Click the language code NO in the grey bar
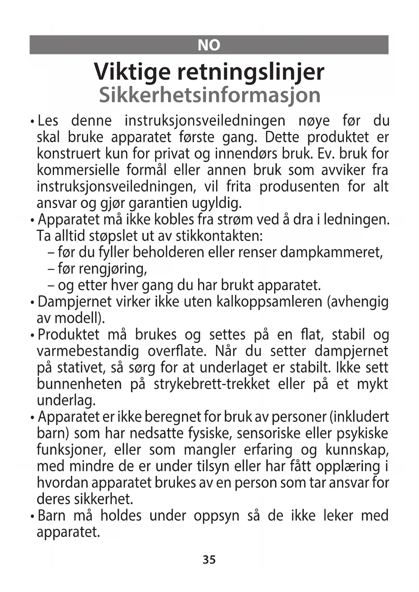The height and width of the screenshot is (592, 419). tap(209, 45)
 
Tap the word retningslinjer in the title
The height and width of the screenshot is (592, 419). tap(251, 72)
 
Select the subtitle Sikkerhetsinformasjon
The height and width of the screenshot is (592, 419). tap(209, 95)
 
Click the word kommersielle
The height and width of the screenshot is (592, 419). tap(78, 170)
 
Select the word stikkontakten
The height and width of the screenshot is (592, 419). tap(219, 236)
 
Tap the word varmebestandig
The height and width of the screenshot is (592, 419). tap(88, 351)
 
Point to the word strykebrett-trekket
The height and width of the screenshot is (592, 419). tap(212, 384)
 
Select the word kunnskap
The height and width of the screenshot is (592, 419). tap(357, 450)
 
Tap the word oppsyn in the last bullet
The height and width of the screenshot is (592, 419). tap(216, 516)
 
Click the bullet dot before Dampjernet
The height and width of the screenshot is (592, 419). tap(32, 302)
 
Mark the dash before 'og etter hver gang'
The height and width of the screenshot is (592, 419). tap(51, 286)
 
